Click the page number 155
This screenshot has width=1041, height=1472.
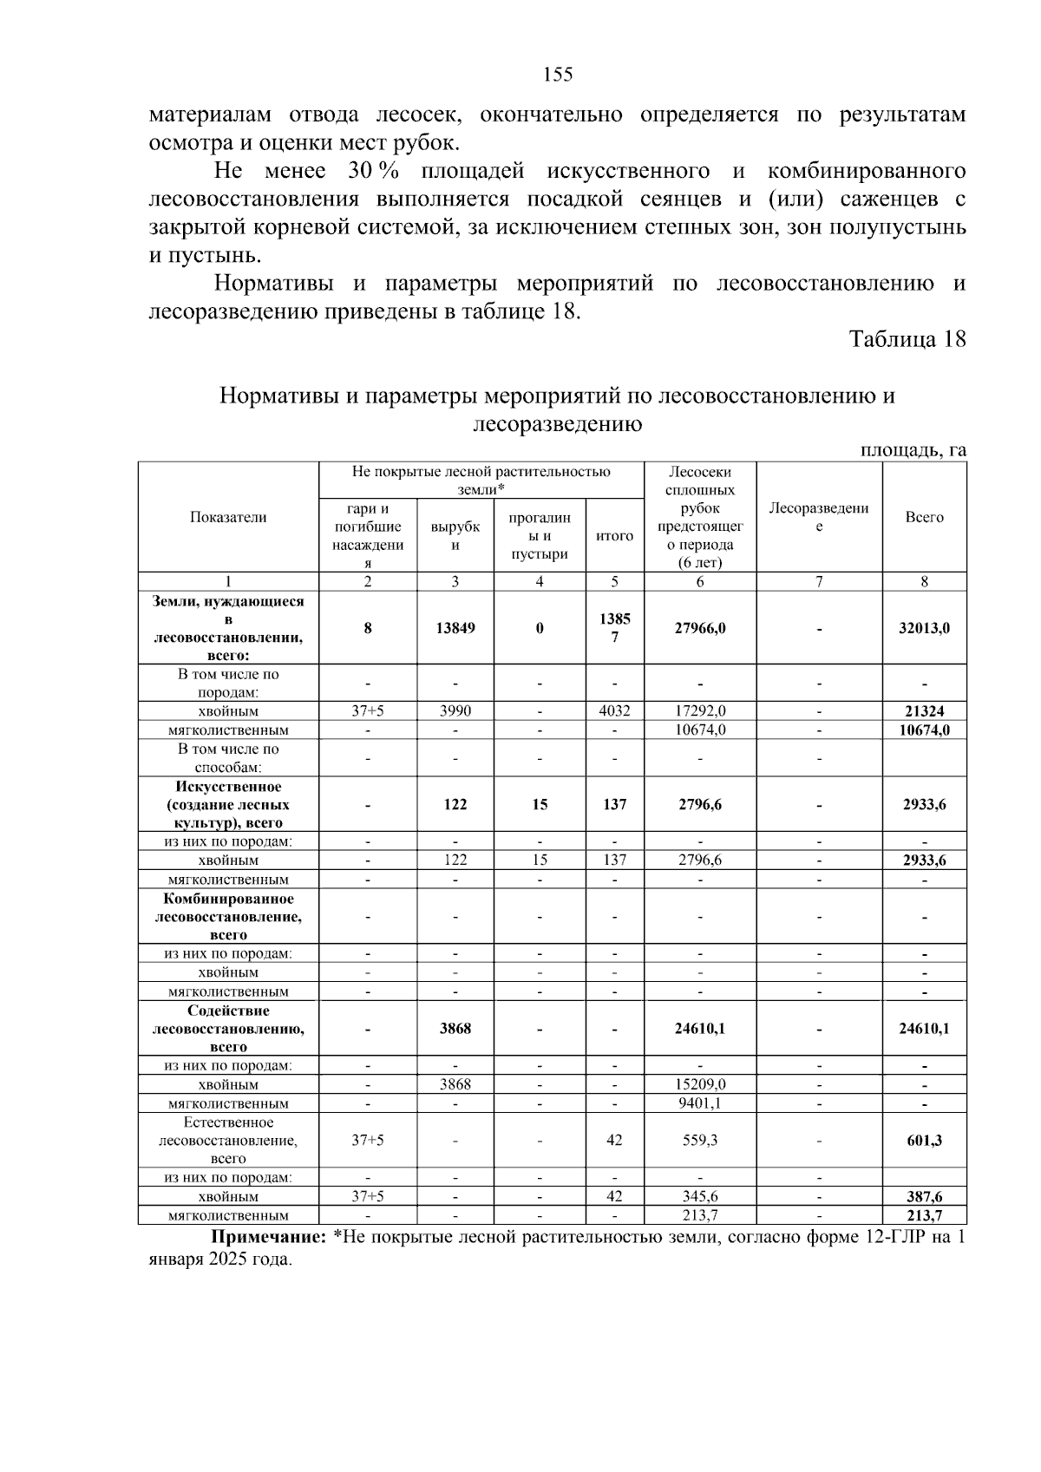[558, 75]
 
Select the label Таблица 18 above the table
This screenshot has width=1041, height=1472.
[907, 339]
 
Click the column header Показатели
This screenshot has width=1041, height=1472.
[228, 517]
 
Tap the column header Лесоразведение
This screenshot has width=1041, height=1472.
[819, 517]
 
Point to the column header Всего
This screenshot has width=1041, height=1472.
[924, 517]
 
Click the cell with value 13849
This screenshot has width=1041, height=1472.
[455, 628]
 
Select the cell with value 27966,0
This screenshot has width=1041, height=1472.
[700, 628]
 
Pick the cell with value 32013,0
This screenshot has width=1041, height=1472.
[924, 628]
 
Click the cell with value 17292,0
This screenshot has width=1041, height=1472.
[700, 711]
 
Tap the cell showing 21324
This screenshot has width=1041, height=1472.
[924, 711]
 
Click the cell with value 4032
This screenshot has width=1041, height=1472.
[614, 711]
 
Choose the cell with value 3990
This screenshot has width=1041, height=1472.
[455, 711]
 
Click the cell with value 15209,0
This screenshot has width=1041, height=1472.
[700, 1084]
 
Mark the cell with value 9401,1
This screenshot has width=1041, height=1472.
[700, 1103]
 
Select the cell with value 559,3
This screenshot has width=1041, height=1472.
[700, 1141]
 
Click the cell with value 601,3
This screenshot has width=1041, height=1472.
[924, 1141]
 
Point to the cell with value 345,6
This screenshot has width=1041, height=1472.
[700, 1197]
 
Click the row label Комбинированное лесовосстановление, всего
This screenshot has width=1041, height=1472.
[228, 917]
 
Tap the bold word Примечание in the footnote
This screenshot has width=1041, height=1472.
[269, 1238]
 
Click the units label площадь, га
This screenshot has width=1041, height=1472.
[913, 449]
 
